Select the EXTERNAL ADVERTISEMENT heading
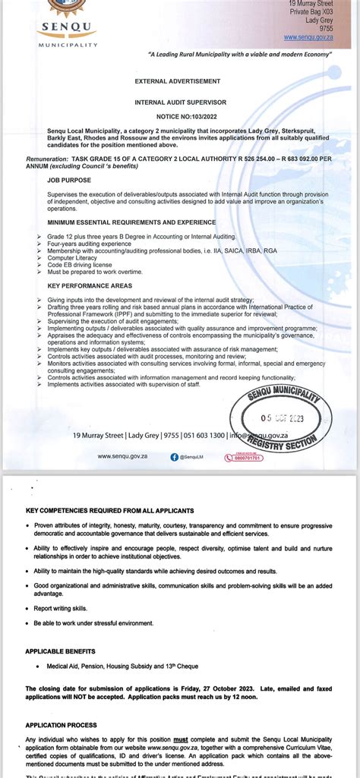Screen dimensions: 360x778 click(177, 80)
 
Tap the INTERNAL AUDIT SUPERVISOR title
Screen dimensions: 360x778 click(177, 100)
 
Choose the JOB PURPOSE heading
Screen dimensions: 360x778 click(69, 181)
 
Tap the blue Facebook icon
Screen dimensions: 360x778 click(174, 457)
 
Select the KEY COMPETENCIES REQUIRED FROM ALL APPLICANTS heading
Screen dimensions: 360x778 click(109, 511)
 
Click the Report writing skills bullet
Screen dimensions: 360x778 click(61, 608)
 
